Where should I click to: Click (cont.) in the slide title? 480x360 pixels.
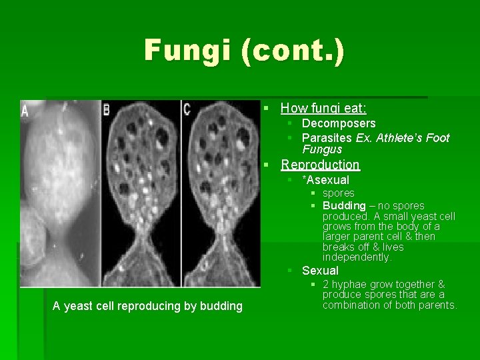[x=293, y=51]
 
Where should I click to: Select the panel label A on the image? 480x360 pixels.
[x=25, y=110]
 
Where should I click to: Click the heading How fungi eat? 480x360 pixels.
[x=323, y=107]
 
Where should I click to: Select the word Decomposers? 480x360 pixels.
[x=339, y=123]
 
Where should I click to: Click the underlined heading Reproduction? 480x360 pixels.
[x=320, y=164]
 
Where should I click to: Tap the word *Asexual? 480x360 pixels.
[x=325, y=180]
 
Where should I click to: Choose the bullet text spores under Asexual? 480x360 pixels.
[x=339, y=193]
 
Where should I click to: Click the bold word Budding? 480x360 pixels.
[x=344, y=205]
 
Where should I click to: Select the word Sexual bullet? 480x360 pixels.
[x=320, y=271]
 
